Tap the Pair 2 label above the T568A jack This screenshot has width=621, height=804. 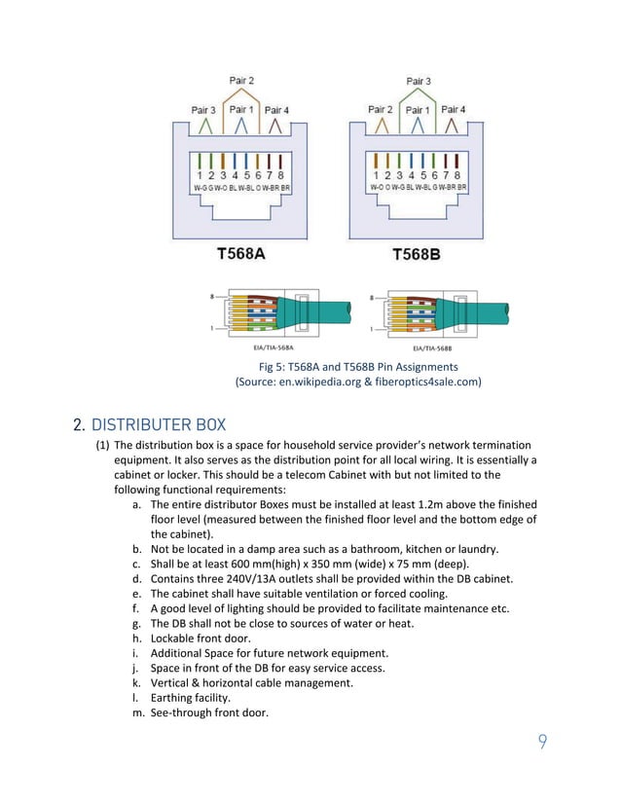coord(241,79)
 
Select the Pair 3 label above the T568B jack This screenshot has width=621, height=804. coord(417,81)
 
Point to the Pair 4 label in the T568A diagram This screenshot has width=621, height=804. coord(277,109)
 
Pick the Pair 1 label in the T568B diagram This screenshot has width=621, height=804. coord(417,110)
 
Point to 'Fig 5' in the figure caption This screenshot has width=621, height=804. coord(273,366)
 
